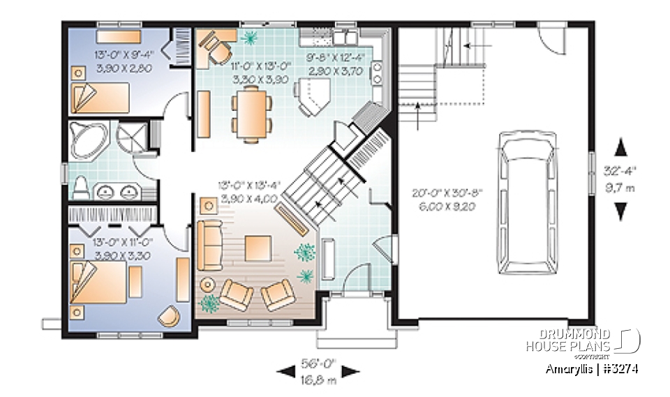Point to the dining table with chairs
[252, 114]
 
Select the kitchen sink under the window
[345, 35]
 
